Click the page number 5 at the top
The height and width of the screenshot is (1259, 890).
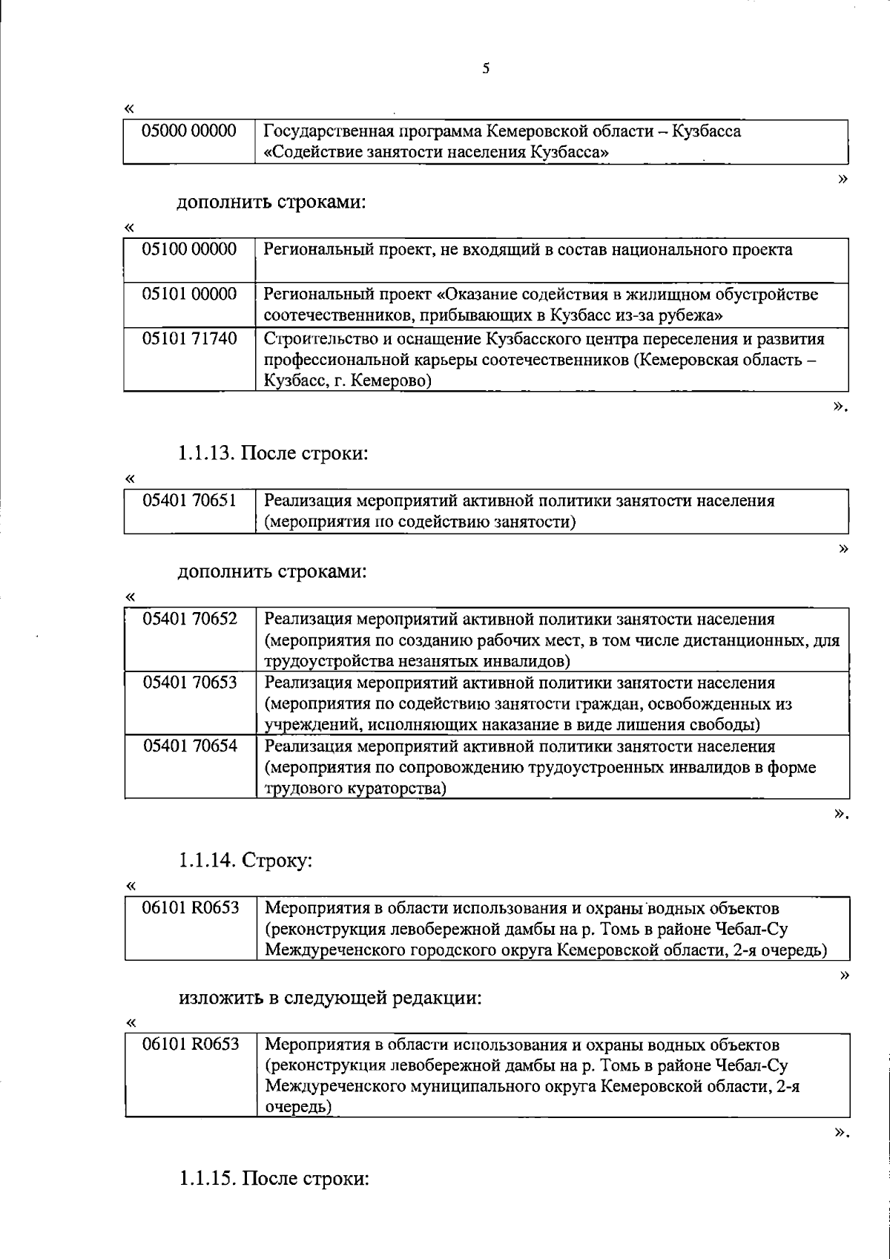(x=485, y=69)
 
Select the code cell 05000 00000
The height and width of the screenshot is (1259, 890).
(x=190, y=131)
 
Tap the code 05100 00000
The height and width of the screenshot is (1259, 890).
(x=190, y=249)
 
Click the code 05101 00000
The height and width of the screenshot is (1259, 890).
(x=190, y=295)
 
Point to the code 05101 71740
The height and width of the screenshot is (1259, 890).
(x=190, y=339)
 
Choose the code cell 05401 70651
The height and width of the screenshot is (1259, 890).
(x=190, y=501)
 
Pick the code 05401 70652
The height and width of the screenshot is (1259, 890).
(x=190, y=619)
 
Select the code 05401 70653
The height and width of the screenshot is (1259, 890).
(x=190, y=683)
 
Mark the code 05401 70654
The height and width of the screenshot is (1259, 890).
(x=190, y=746)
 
